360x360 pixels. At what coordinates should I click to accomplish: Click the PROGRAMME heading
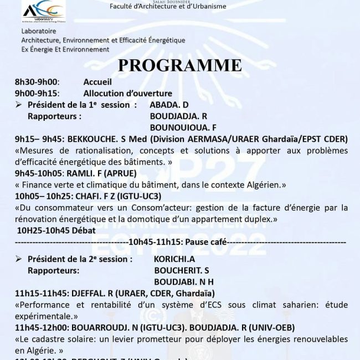point(180,65)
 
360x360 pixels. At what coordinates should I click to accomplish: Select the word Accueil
point(97,82)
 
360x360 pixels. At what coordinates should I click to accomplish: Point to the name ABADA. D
point(169,105)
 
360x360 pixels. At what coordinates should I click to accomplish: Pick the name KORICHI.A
point(174,259)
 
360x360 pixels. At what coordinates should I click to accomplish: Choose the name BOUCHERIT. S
point(181,270)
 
